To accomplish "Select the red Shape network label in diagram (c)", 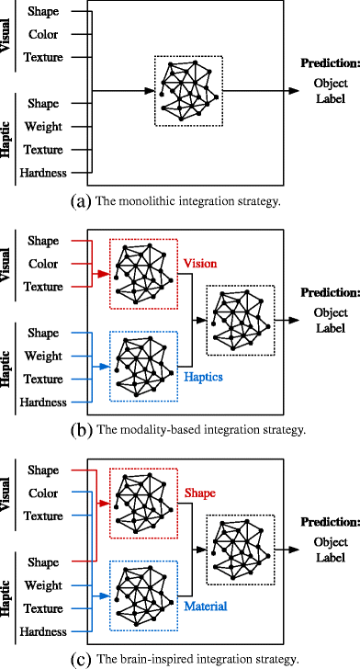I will tap(198, 493).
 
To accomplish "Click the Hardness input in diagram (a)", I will tap(43, 173).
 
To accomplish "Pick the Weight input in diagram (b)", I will tap(43, 357).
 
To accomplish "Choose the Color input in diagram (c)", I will tap(43, 493).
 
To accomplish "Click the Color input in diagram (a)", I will tap(43, 35).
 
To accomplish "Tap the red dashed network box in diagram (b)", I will tap(144, 274).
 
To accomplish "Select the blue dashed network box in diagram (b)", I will tap(144, 365).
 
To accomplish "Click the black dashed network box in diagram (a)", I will tap(188, 90).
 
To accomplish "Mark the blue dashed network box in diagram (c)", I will tap(144, 595).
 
